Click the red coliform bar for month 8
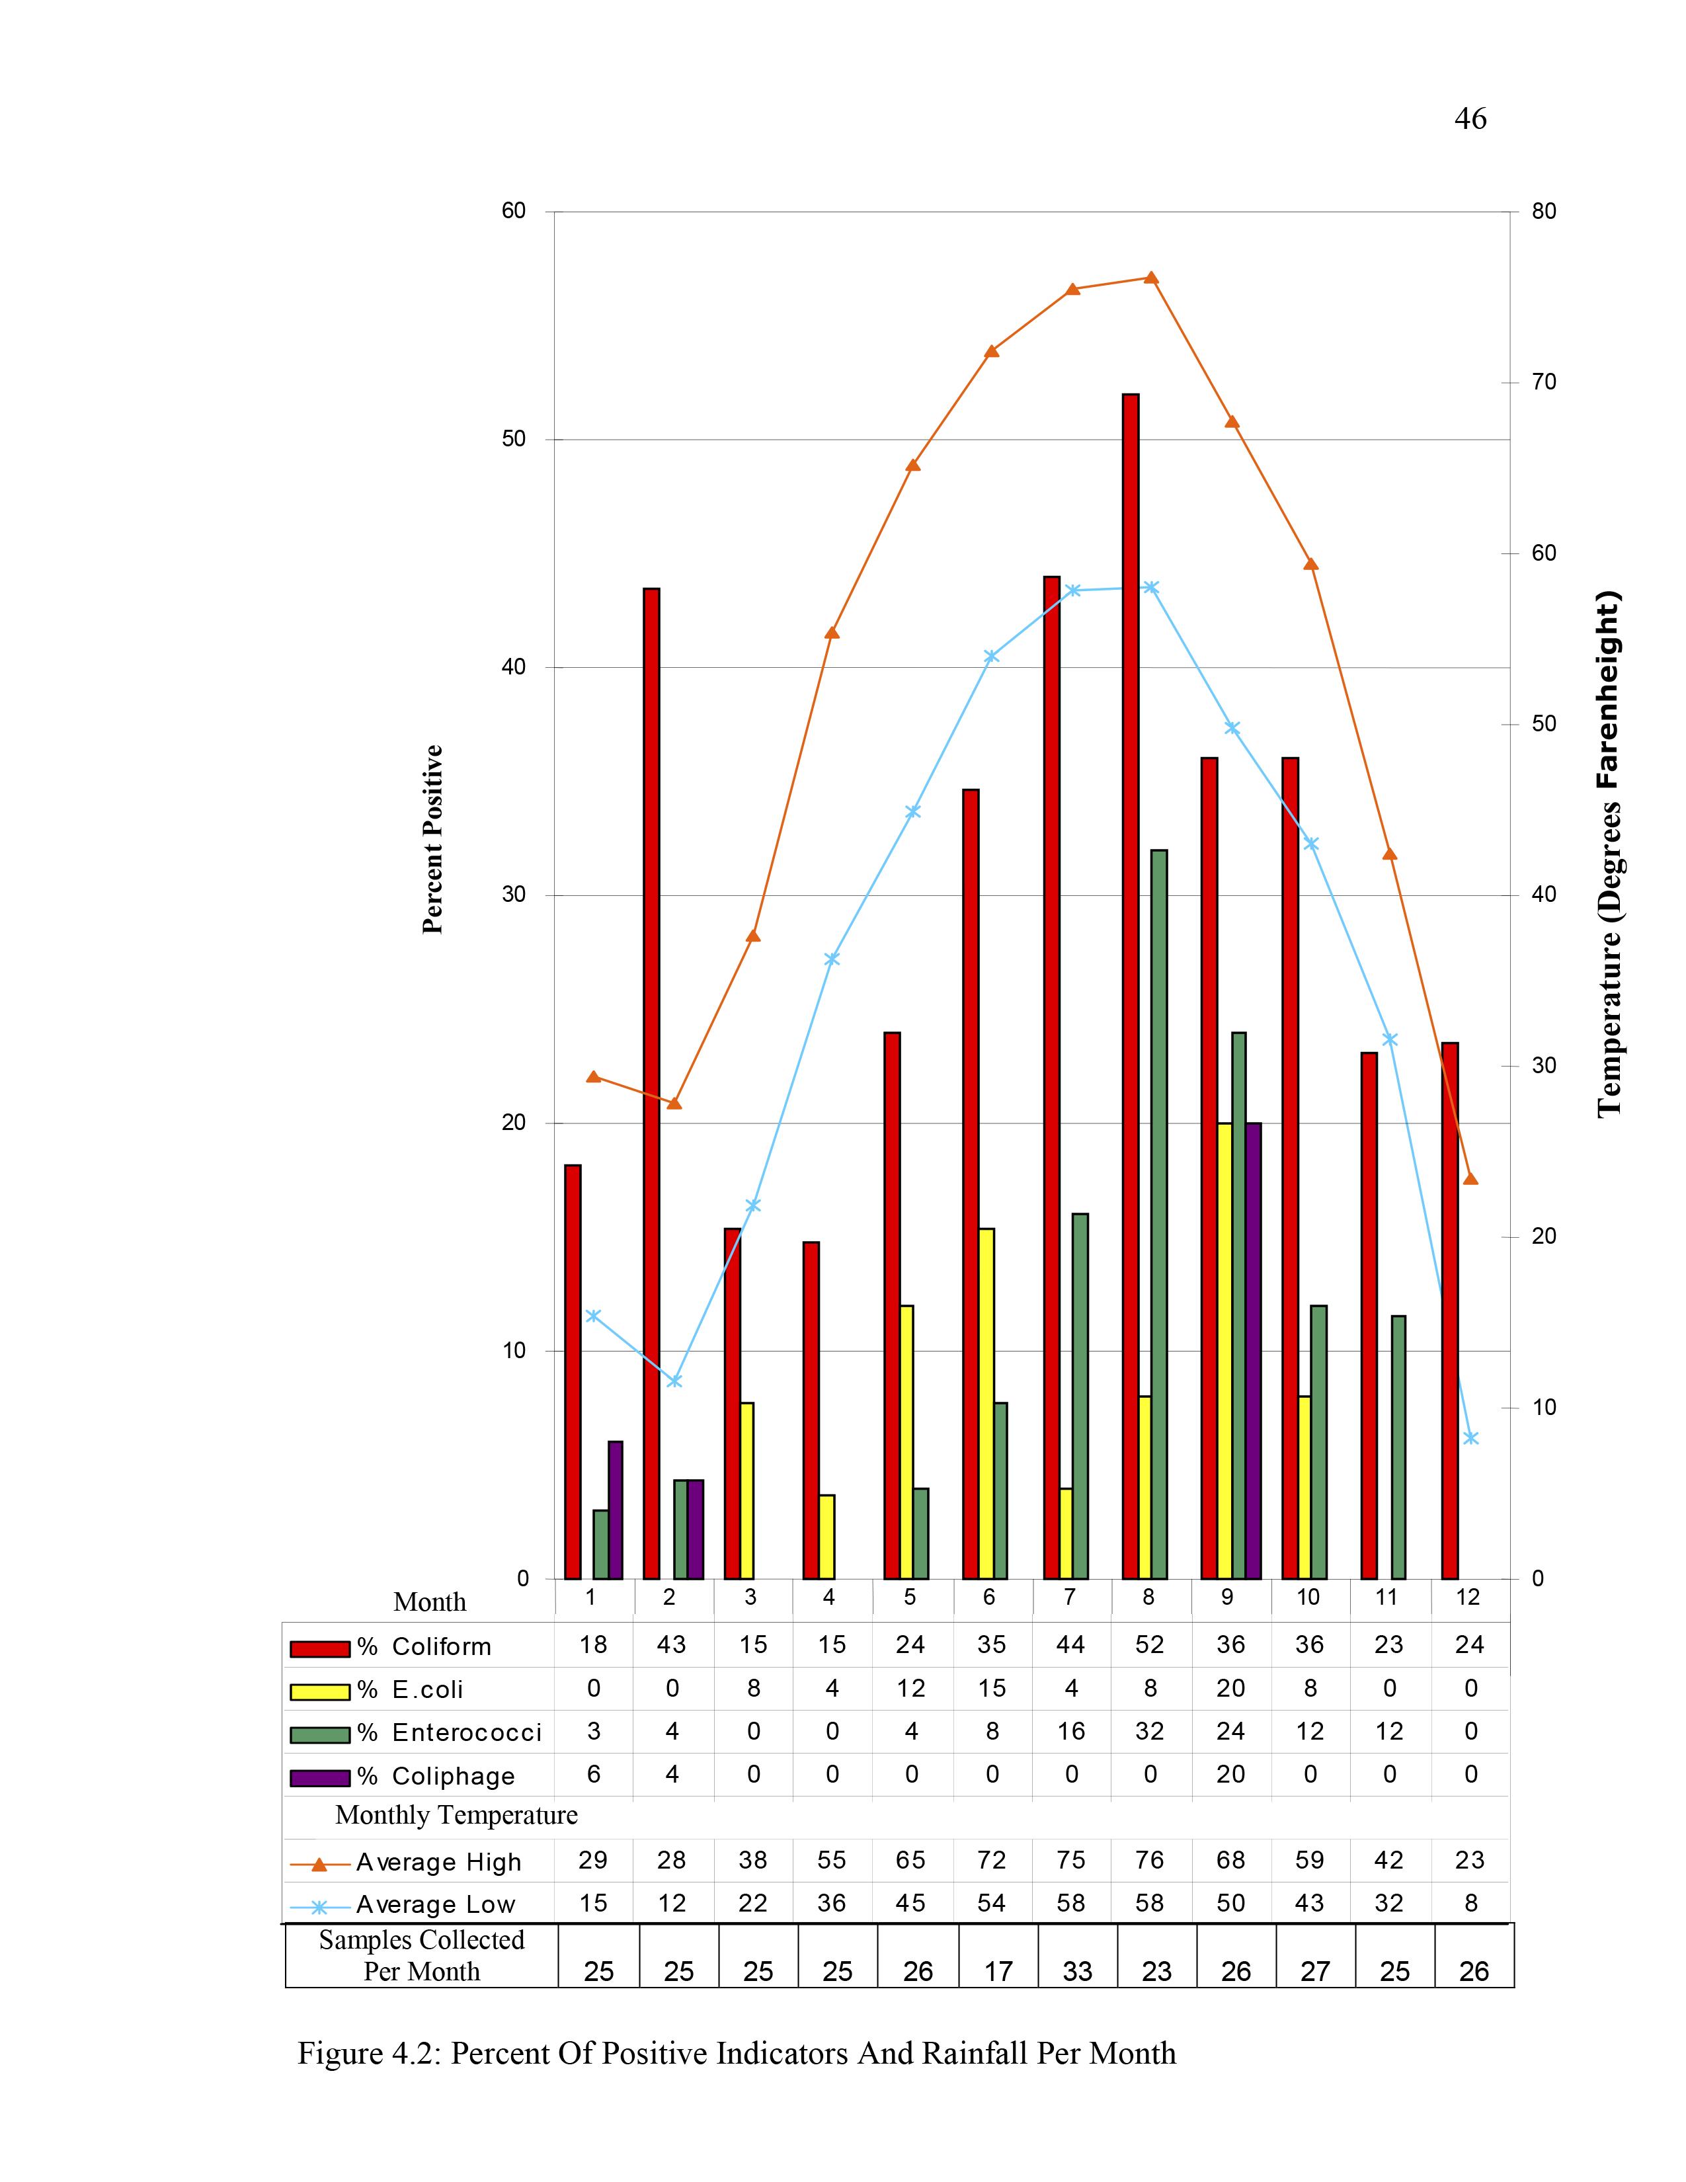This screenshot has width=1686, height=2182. click(x=1130, y=989)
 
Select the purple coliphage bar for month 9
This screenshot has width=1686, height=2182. click(x=1254, y=1351)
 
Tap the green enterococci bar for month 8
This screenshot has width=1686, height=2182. click(x=1158, y=1214)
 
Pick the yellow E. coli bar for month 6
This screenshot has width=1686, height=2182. click(x=986, y=1404)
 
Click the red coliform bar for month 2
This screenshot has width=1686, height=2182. click(x=651, y=1084)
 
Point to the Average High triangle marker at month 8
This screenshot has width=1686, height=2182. click(x=1150, y=278)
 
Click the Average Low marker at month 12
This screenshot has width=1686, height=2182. click(x=1470, y=1437)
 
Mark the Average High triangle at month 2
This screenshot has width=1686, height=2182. click(x=674, y=1102)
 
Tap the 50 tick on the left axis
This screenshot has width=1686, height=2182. click(x=513, y=440)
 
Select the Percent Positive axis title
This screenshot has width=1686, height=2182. click(x=432, y=839)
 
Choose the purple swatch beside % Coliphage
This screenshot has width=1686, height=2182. click(x=319, y=1777)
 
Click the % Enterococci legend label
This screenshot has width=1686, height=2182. click(x=450, y=1732)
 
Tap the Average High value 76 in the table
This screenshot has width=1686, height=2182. click(x=1150, y=1860)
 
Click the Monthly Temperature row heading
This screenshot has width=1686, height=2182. click(x=456, y=1815)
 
